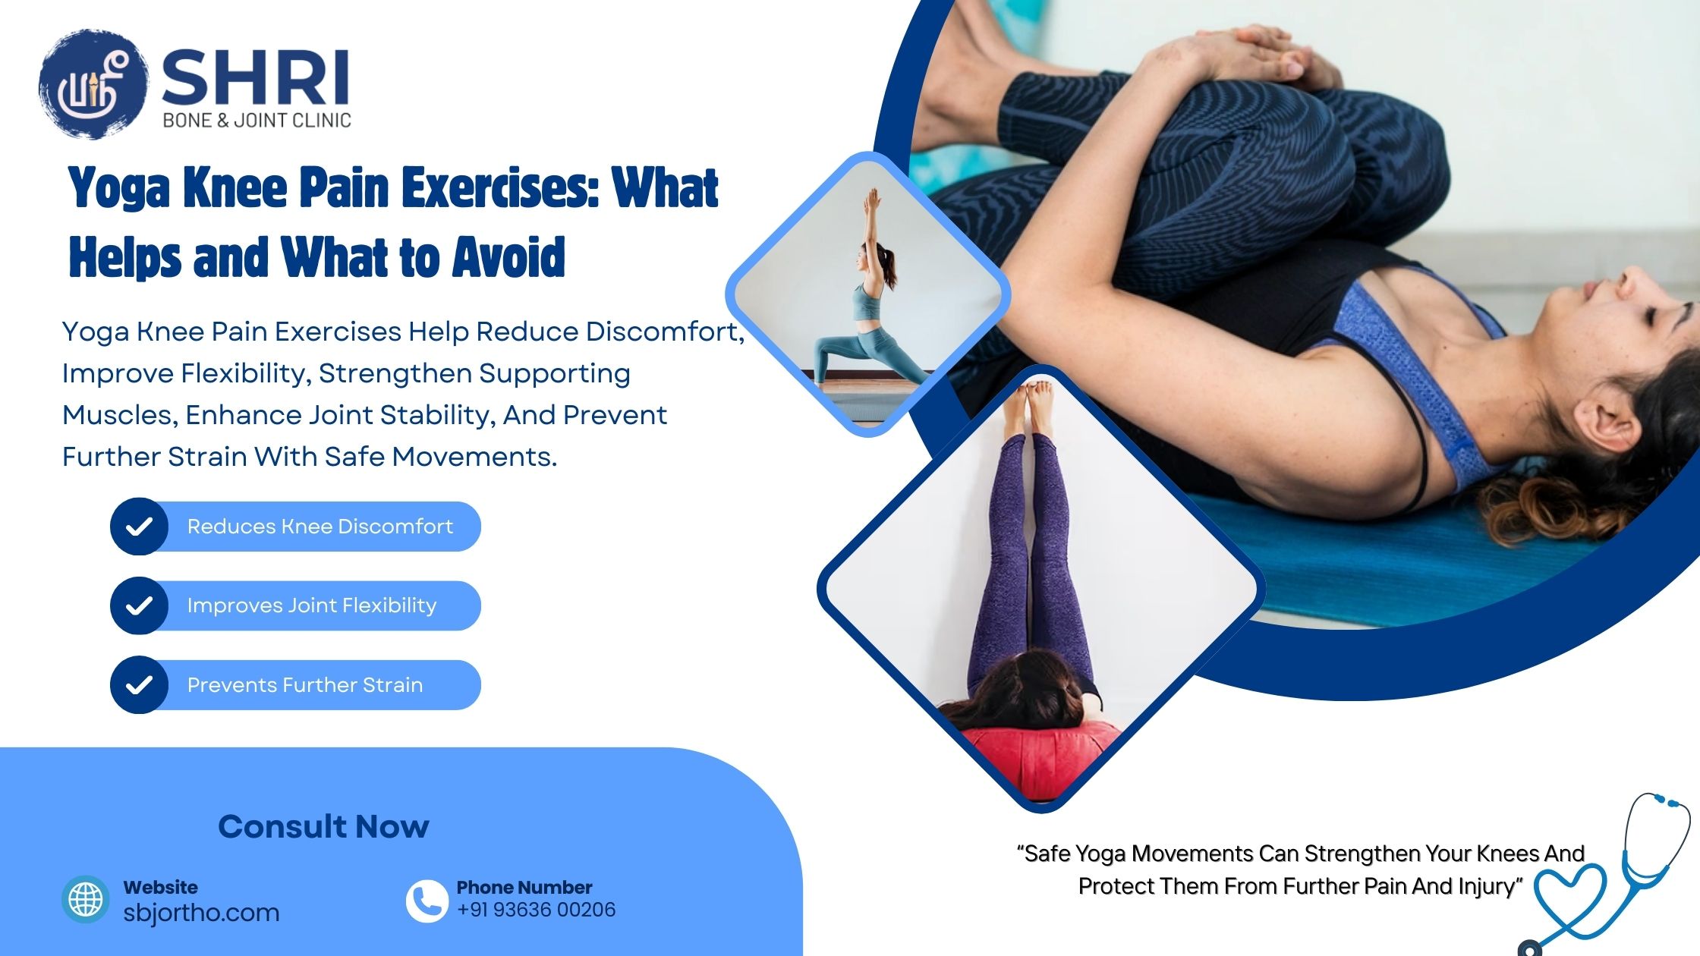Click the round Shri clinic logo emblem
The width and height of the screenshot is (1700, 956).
point(93,85)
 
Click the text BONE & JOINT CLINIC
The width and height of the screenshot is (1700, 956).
point(257,120)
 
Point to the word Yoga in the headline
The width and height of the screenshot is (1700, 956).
point(118,187)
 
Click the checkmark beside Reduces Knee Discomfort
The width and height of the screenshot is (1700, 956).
point(139,527)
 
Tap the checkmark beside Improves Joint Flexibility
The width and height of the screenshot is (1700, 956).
point(139,605)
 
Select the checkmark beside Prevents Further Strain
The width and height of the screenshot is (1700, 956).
point(139,685)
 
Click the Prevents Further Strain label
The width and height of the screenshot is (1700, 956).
point(304,685)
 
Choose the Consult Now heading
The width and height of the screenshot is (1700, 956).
point(323,826)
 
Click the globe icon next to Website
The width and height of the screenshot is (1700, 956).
point(86,900)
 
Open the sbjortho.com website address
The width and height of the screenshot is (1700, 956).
point(201,913)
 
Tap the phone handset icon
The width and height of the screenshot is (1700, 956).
point(427,901)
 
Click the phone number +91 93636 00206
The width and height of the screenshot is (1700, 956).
point(536,910)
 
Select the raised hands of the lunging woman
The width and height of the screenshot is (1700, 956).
point(873,200)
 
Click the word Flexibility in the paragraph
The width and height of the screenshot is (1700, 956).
point(244,373)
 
